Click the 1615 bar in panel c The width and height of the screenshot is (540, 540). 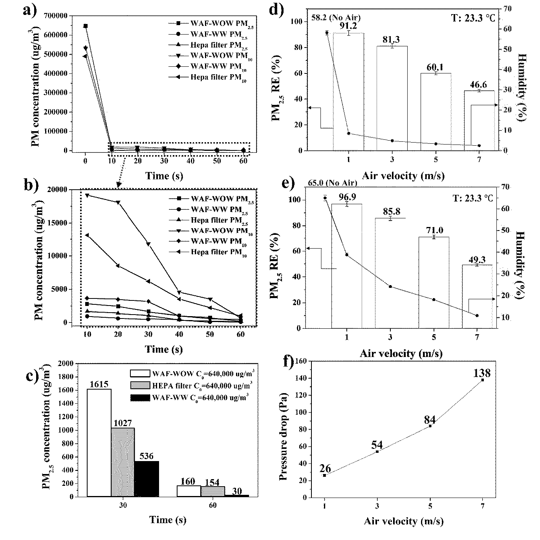(99, 443)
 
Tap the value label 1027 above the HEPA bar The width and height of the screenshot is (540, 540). (123, 423)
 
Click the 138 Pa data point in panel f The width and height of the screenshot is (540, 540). (483, 380)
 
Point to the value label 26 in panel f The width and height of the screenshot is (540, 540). (325, 468)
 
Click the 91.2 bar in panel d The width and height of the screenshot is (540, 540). (348, 92)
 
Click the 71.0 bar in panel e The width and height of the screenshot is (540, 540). (434, 282)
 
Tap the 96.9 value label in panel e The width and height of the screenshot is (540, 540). (347, 197)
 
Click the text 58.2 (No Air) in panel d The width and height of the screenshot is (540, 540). (336, 18)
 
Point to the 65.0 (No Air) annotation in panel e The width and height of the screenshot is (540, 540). (333, 183)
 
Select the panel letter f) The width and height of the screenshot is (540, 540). (289, 361)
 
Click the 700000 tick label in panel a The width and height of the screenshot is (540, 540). (56, 16)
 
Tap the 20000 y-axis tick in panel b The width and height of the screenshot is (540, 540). (58, 189)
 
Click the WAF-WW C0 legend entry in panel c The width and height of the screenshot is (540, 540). (189, 398)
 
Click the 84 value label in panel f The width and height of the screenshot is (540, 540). (430, 419)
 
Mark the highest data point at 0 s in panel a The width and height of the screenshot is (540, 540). (86, 26)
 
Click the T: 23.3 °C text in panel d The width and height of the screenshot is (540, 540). (473, 18)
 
